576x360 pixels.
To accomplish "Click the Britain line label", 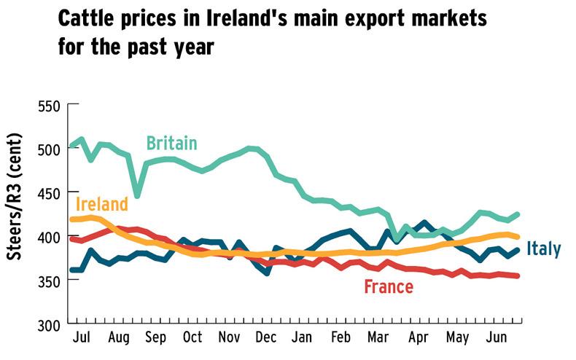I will coord(171,143).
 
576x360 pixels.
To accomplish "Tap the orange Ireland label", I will coord(101,204).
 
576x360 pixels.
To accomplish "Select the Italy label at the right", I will coord(544,249).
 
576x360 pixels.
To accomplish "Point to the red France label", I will coord(388,286).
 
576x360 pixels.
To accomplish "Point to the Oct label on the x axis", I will coord(192,340).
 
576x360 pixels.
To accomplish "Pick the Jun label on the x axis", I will coord(497,340).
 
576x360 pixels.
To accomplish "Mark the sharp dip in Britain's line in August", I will coord(137,195).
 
